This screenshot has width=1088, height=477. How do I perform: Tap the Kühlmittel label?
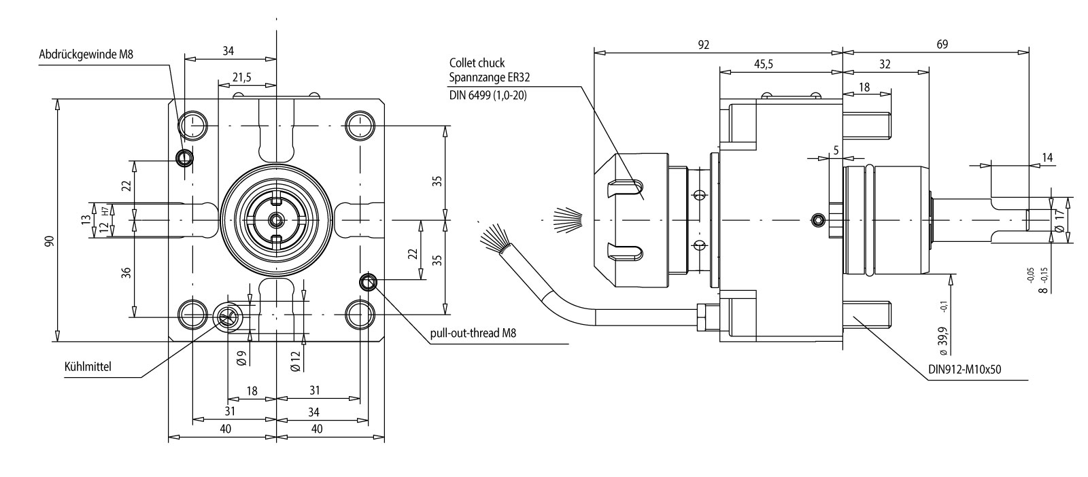(x=88, y=367)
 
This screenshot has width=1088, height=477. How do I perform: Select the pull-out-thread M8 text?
(x=473, y=334)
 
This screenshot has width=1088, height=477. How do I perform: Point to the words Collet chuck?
(x=477, y=63)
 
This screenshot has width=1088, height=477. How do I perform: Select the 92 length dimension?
(x=704, y=45)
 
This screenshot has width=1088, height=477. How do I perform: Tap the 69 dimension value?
(x=942, y=45)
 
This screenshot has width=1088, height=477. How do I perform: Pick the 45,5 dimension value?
(x=763, y=64)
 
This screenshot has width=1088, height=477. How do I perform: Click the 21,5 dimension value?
(x=241, y=77)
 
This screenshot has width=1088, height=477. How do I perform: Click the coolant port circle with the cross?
(x=226, y=315)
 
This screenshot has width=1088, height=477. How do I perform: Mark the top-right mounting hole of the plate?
(x=359, y=126)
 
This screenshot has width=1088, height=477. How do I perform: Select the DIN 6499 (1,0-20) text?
(x=488, y=95)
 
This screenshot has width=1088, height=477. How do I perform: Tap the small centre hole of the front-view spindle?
(x=277, y=220)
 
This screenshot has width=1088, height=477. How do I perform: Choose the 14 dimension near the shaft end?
(x=1047, y=158)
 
